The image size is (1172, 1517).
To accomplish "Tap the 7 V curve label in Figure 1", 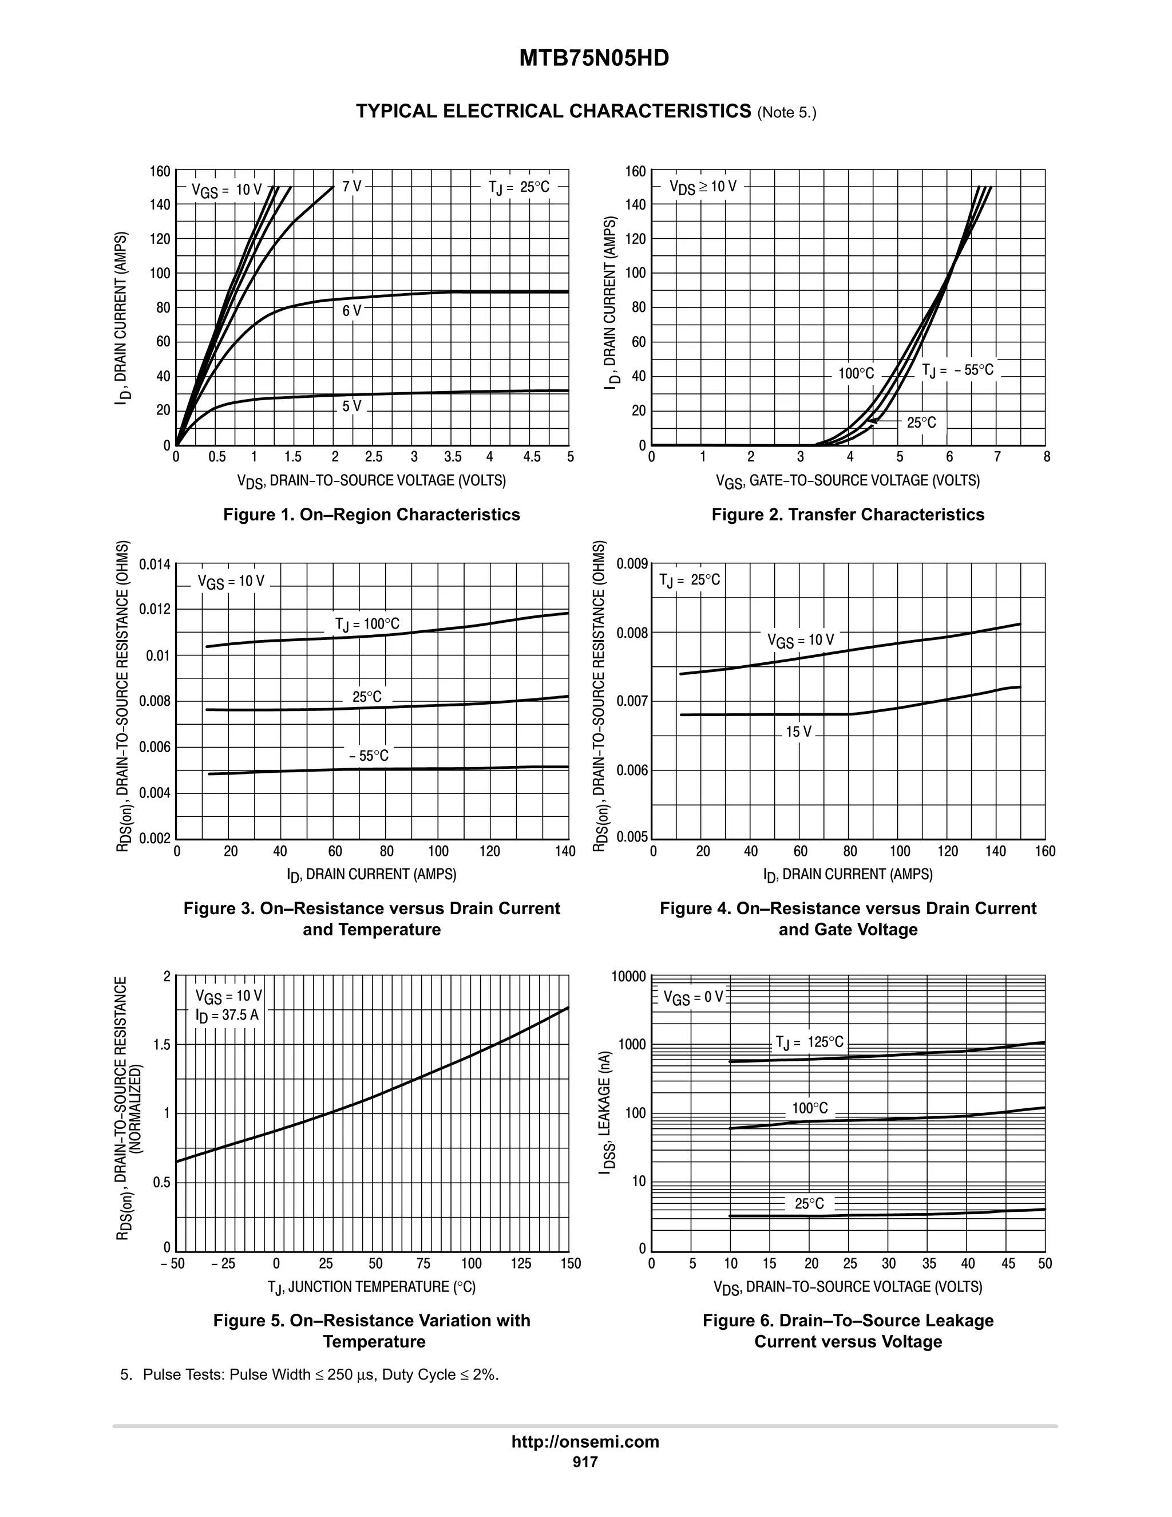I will [x=352, y=187].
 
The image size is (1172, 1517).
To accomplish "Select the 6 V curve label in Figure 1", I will [x=351, y=311].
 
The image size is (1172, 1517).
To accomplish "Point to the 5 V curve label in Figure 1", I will [x=351, y=406].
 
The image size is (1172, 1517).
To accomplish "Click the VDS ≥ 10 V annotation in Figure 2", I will [x=703, y=187].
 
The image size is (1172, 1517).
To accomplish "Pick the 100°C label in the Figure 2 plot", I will [x=856, y=374].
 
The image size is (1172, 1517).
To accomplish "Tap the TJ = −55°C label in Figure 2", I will [x=957, y=370].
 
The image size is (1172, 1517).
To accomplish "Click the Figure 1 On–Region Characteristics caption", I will [x=371, y=515].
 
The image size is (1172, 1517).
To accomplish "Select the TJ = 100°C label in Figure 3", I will [x=367, y=625].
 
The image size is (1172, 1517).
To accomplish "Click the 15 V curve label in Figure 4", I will [x=798, y=732].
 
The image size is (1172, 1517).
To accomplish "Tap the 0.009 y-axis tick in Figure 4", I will [x=632, y=563].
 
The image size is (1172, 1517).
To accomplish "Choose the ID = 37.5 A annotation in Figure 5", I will [x=227, y=1016].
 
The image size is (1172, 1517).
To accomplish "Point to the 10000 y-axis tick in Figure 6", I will [x=628, y=977].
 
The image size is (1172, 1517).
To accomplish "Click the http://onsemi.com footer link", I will [x=585, y=1441].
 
